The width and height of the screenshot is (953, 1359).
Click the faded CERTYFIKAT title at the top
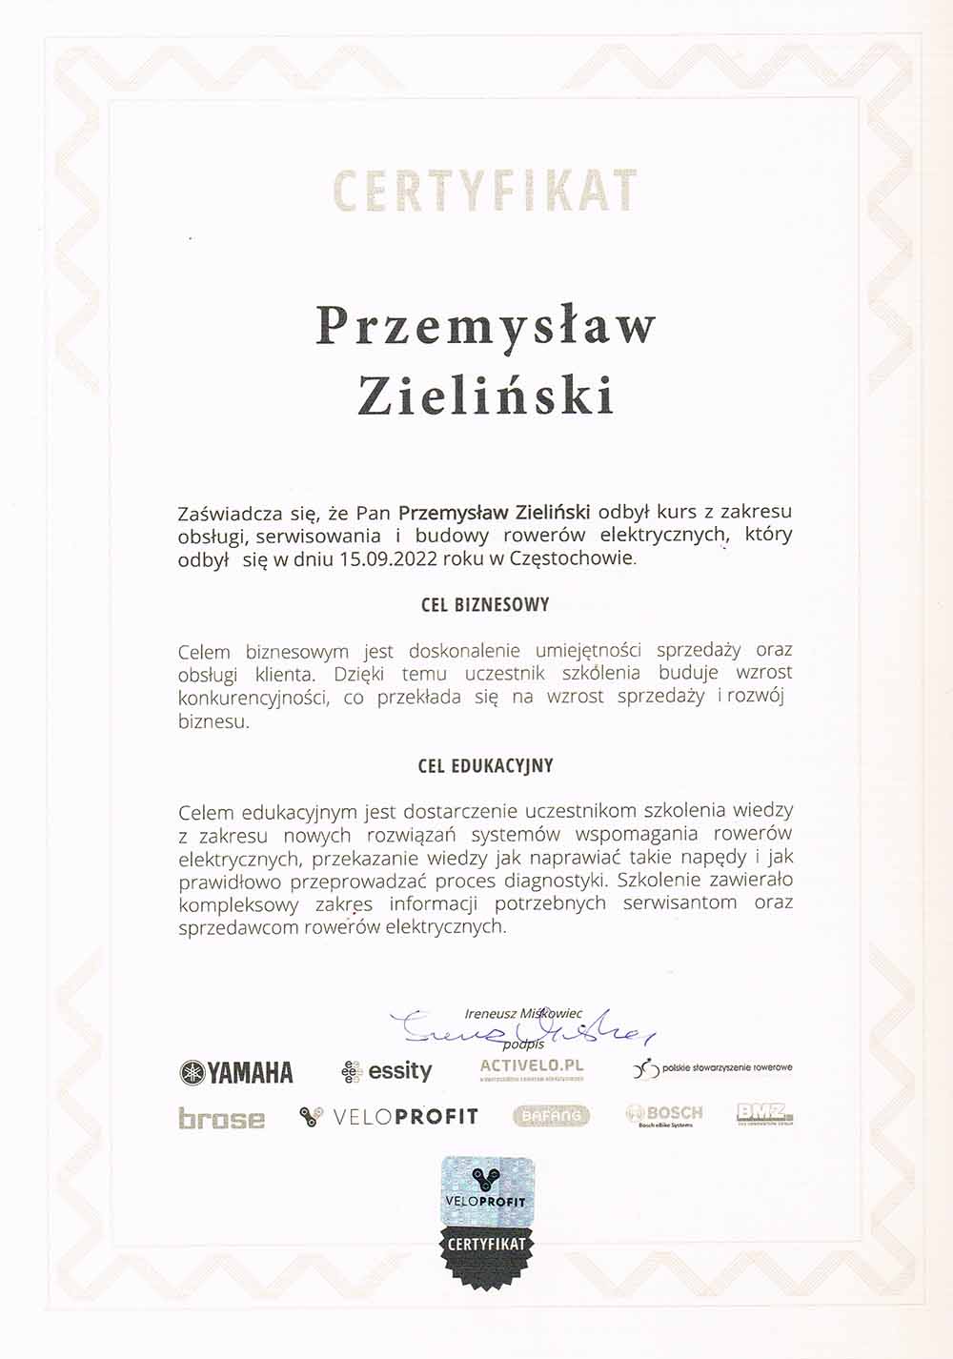tap(485, 191)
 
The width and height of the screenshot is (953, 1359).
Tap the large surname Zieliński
tap(486, 395)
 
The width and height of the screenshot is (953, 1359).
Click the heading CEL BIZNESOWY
tap(485, 605)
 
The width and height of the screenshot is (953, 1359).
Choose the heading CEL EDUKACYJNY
tap(485, 766)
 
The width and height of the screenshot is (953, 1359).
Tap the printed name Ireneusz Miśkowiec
tap(523, 1013)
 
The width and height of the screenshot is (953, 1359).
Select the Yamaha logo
tap(236, 1072)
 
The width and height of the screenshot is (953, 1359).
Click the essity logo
tap(387, 1071)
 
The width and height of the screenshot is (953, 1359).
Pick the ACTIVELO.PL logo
tap(532, 1069)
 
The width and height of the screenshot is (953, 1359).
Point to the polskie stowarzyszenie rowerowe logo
tap(713, 1068)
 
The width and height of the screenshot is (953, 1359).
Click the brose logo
tap(221, 1118)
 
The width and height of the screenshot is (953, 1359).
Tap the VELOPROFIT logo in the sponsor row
tap(389, 1116)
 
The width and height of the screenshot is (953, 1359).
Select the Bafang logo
tap(552, 1115)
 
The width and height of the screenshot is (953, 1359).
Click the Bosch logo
tap(664, 1115)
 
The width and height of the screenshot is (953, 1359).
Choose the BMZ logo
tap(764, 1113)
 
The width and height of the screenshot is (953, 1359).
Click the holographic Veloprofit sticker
tap(487, 1191)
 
